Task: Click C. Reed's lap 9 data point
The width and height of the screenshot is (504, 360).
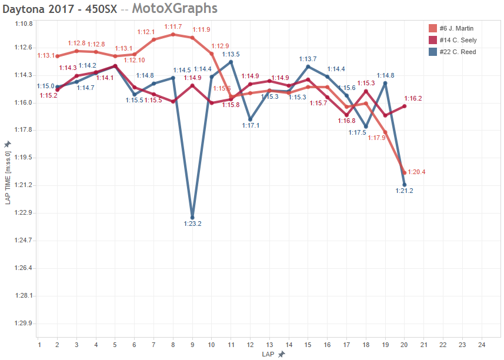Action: [x=192, y=218]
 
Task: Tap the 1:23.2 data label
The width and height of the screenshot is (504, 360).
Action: [x=192, y=224]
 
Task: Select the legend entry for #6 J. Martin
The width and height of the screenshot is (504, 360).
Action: [x=456, y=28]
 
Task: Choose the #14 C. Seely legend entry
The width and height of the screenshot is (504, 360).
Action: [x=458, y=40]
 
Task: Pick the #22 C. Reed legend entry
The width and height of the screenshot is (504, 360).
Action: [x=457, y=52]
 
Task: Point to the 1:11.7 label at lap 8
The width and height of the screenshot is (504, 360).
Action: [x=173, y=27]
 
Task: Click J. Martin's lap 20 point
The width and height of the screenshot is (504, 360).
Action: [x=405, y=172]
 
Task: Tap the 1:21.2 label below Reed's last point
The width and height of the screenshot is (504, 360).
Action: [x=404, y=191]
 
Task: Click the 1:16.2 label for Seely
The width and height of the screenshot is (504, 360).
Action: [x=413, y=99]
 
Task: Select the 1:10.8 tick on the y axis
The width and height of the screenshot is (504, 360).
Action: [x=24, y=24]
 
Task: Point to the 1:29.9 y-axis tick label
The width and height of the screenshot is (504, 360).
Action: [x=24, y=324]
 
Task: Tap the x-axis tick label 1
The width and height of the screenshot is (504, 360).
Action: [x=38, y=344]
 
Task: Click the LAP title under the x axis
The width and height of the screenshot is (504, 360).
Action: [x=269, y=354]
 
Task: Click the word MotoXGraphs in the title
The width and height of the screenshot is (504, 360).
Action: [x=175, y=8]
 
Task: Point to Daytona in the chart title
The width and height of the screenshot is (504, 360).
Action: [x=26, y=8]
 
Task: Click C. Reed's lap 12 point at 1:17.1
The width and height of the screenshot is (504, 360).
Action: [x=250, y=119]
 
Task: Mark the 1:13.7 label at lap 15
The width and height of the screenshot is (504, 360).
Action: [x=308, y=59]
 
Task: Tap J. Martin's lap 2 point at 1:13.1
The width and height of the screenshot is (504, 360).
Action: [x=57, y=56]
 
